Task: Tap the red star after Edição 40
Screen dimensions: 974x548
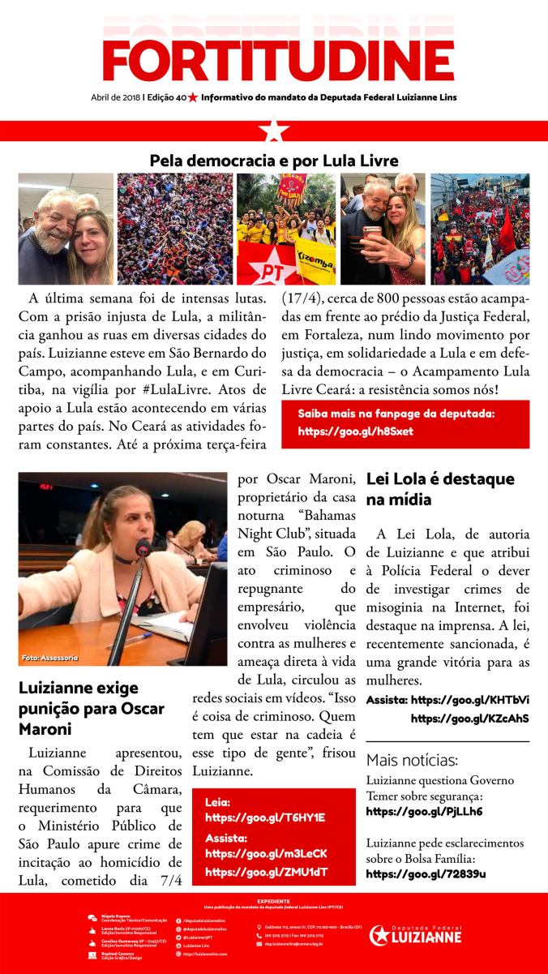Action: (193, 97)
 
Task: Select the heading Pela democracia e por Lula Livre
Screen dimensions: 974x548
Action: (274, 161)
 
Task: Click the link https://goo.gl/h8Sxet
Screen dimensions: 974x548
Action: (355, 431)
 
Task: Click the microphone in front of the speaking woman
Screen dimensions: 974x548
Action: (143, 549)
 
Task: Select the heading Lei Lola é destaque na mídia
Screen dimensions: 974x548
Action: (440, 489)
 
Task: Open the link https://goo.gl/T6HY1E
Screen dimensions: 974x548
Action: (265, 817)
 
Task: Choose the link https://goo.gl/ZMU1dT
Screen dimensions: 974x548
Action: (268, 872)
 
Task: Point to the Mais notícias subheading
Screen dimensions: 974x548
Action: (412, 760)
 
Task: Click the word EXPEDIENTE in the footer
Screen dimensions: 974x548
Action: (273, 900)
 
